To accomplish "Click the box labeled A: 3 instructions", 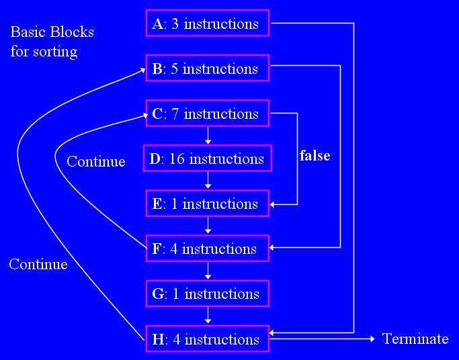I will pyautogui.click(x=207, y=24).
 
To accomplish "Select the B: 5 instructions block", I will pyautogui.click(x=207, y=69).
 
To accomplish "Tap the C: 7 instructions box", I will pyautogui.click(x=207, y=114).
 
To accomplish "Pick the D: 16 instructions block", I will pyautogui.click(x=207, y=159).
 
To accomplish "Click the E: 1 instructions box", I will pyautogui.click(x=207, y=204).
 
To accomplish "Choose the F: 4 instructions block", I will pyautogui.click(x=207, y=249).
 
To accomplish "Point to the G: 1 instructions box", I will pyautogui.click(x=207, y=294).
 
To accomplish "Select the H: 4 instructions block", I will pyautogui.click(x=207, y=339).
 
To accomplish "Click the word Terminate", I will pyautogui.click(x=415, y=339).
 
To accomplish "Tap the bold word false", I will pyautogui.click(x=315, y=156).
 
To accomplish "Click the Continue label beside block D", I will pyautogui.click(x=95, y=161).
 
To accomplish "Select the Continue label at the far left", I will pyautogui.click(x=38, y=265).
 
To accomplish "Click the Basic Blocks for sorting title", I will pyautogui.click(x=52, y=41).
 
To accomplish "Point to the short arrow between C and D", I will pyautogui.click(x=208, y=136).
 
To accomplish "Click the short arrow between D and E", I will pyautogui.click(x=208, y=181).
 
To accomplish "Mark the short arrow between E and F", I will pyautogui.click(x=208, y=226).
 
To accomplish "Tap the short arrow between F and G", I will pyautogui.click(x=208, y=271).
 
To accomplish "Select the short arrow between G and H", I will pyautogui.click(x=208, y=316).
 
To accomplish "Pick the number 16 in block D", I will pyautogui.click(x=178, y=159).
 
